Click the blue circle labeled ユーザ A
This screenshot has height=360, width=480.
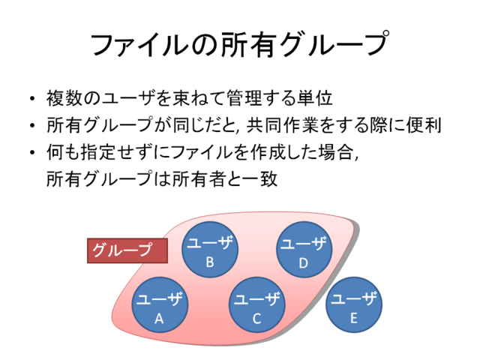160,305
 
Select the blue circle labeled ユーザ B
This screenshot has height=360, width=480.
210,250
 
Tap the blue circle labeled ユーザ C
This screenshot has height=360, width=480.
257,305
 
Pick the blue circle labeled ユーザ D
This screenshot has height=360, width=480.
304,250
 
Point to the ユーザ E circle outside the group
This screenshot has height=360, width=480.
354,305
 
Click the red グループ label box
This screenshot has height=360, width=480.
127,250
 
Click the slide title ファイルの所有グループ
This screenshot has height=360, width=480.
240,44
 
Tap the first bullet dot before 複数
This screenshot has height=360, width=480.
32,98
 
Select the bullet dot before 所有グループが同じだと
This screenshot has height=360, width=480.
32,125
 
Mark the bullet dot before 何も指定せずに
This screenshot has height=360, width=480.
32,152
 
